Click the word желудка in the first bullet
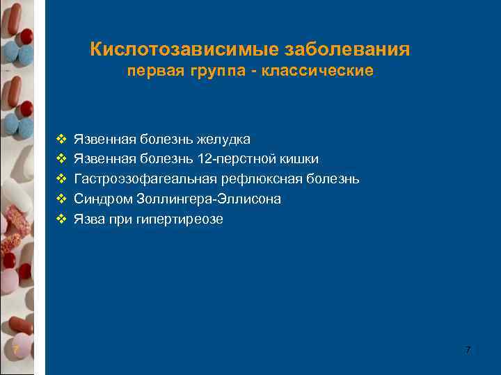pyautogui.click(x=224, y=140)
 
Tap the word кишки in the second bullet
pyautogui.click(x=302, y=160)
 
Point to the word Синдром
pyautogui.click(x=100, y=199)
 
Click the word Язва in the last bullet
pyautogui.click(x=89, y=219)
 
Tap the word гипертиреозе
pyautogui.click(x=187, y=219)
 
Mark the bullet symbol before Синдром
pyautogui.click(x=61, y=199)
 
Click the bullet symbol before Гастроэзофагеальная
pyautogui.click(x=61, y=179)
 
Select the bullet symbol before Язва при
pyautogui.click(x=61, y=219)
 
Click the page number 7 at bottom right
pyautogui.click(x=468, y=350)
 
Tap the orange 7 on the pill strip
pyautogui.click(x=15, y=349)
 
